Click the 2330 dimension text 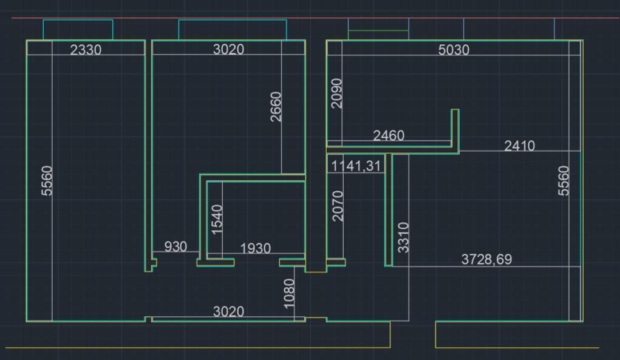[86, 50]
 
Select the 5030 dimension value [454, 50]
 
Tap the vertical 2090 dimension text [336, 93]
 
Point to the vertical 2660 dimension [276, 107]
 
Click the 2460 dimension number [389, 135]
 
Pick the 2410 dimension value [519, 146]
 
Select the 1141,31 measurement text [356, 166]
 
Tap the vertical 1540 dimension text [217, 219]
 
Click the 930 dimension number [175, 246]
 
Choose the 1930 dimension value [256, 248]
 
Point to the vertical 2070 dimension [338, 206]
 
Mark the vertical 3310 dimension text [403, 237]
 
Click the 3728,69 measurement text [486, 259]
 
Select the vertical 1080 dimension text [289, 293]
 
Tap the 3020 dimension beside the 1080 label [228, 311]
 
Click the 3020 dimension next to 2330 [228, 49]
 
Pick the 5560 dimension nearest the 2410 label [564, 180]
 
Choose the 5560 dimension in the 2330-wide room [47, 180]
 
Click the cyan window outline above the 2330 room [78, 20]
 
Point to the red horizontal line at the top [316, 18]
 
